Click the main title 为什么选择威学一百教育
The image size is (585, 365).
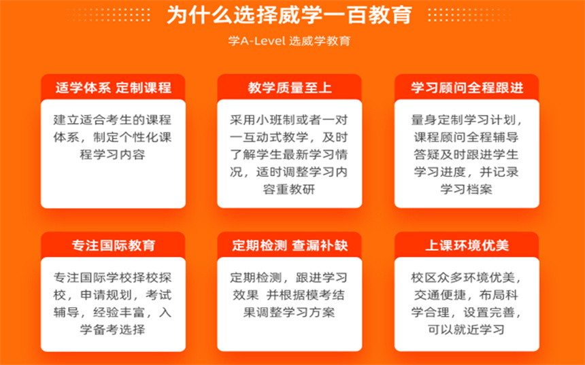(290, 15)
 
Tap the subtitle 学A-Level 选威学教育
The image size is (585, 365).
(290, 41)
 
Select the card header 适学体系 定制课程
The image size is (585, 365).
(114, 88)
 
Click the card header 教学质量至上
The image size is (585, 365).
(290, 88)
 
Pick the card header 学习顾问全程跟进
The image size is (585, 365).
(467, 88)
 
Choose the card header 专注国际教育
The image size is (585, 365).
(114, 245)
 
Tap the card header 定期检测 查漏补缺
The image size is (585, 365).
(290, 245)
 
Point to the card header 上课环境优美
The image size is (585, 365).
(467, 245)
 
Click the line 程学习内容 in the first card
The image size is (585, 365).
(113, 155)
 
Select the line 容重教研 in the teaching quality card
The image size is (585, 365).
(289, 190)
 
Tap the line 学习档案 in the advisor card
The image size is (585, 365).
(467, 190)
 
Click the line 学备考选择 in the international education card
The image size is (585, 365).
(113, 330)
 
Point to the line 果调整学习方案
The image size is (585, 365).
(289, 312)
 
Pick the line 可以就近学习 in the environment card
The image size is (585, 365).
(467, 330)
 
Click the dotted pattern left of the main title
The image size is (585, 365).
(110, 15)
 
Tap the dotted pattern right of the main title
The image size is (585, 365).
(469, 15)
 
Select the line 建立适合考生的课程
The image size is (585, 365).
(113, 120)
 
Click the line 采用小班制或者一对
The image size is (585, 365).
(289, 120)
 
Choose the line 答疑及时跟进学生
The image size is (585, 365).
(467, 155)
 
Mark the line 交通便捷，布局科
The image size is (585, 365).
(467, 295)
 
